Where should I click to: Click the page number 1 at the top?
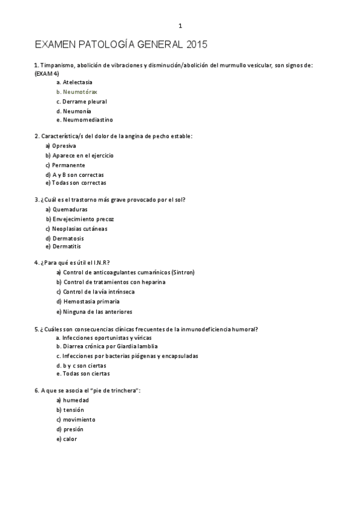tap(180, 26)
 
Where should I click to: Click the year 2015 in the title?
tap(197, 45)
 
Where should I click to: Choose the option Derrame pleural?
tap(84, 102)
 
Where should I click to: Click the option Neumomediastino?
tap(87, 120)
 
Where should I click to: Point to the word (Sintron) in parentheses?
tap(183, 272)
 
